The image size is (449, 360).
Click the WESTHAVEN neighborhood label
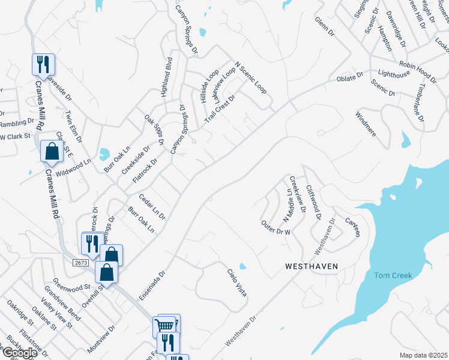(x=312, y=265)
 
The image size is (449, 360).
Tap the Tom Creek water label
(x=393, y=275)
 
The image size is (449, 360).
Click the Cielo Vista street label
(x=237, y=283)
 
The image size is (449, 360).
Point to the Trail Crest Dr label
(x=219, y=107)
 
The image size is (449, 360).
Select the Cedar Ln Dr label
(x=151, y=205)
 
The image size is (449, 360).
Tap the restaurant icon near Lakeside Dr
(x=43, y=64)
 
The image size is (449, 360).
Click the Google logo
(x=19, y=352)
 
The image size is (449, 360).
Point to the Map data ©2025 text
(x=423, y=355)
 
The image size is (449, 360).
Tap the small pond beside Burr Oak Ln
(x=104, y=155)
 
